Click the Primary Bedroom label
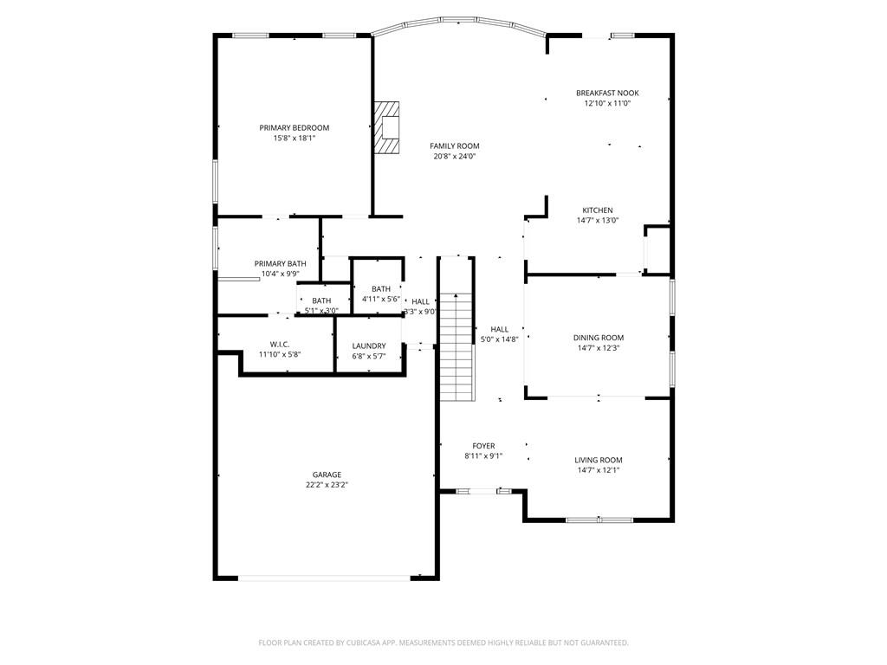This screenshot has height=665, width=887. [x=295, y=128]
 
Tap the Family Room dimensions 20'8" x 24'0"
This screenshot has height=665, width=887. [x=454, y=156]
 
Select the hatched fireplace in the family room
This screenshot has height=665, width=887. [x=386, y=127]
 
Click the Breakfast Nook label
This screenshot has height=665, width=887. [x=607, y=93]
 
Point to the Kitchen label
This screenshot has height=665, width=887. [x=598, y=210]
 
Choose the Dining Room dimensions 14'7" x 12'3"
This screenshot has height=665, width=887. [x=599, y=348]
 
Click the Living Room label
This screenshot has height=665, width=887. [x=599, y=461]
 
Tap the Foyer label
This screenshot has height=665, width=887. [x=483, y=446]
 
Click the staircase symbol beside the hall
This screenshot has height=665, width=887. [x=456, y=346]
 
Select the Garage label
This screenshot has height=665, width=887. [x=327, y=475]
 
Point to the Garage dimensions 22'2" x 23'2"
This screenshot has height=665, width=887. [x=327, y=485]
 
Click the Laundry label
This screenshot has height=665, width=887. [x=369, y=346]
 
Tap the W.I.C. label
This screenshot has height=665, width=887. [x=280, y=345]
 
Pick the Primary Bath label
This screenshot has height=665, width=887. [x=280, y=263]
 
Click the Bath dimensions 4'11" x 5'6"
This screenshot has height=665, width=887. [x=381, y=299]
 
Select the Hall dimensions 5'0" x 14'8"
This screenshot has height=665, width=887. [x=500, y=339]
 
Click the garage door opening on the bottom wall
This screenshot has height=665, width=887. [x=324, y=578]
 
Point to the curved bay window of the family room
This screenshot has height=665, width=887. [x=459, y=22]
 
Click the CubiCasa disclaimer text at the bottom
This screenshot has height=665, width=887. [x=443, y=642]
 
